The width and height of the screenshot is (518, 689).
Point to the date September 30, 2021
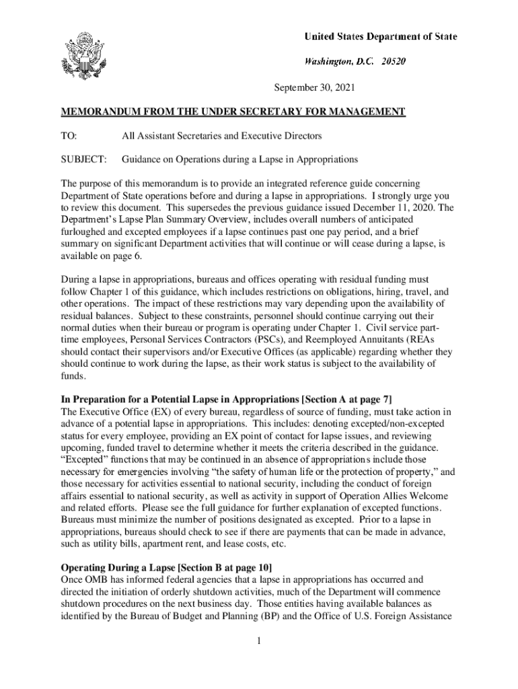click(x=313, y=88)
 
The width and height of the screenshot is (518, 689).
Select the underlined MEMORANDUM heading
click(x=233, y=112)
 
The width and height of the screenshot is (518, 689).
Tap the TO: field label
click(x=69, y=136)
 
